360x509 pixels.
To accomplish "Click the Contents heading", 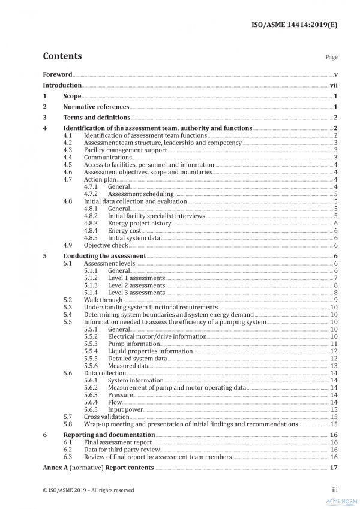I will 62,56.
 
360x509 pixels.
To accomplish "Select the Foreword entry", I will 58,74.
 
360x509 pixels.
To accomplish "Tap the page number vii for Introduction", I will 334,85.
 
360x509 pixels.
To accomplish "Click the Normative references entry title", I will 96,107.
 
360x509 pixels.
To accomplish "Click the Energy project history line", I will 139,223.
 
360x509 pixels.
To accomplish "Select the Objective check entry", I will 106,245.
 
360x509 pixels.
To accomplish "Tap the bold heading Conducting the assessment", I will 104,256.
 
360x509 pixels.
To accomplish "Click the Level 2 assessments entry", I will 136,285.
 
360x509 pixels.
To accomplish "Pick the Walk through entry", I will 103,300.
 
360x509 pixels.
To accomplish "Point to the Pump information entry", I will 133,344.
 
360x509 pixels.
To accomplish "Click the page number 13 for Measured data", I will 334,366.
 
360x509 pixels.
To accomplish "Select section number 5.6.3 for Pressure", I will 91,395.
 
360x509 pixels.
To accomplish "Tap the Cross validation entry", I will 106,417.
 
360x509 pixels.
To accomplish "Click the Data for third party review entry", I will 121,449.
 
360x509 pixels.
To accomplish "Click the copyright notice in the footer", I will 88,490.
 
